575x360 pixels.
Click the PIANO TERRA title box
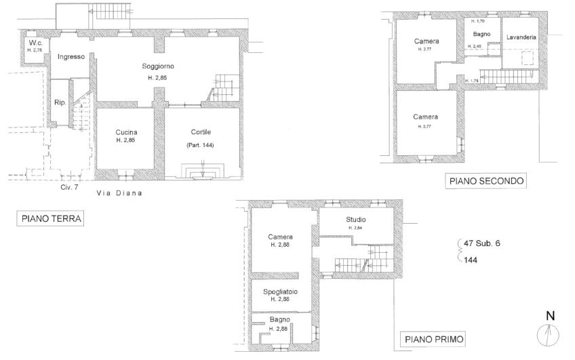coord(50,218)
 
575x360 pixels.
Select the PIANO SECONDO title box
coord(486,181)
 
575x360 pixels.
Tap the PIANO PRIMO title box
coord(433,339)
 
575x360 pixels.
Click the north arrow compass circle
coord(549,336)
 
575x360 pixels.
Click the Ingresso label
coord(71,56)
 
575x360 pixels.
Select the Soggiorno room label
coord(158,66)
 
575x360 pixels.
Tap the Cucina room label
coord(127,132)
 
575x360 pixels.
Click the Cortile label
coord(201,132)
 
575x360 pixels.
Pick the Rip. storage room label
coord(60,102)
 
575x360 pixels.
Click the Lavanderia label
coord(521,37)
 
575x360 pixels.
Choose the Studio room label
coord(356,219)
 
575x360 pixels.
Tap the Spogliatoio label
coord(280,292)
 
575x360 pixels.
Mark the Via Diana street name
coord(119,193)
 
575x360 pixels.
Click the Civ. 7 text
coord(69,187)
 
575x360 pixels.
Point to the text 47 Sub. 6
coord(482,243)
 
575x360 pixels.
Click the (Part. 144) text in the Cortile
coord(200,145)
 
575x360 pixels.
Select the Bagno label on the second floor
coord(481,34)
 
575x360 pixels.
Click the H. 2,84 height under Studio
coord(355,228)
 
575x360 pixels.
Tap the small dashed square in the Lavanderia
coord(528,58)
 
